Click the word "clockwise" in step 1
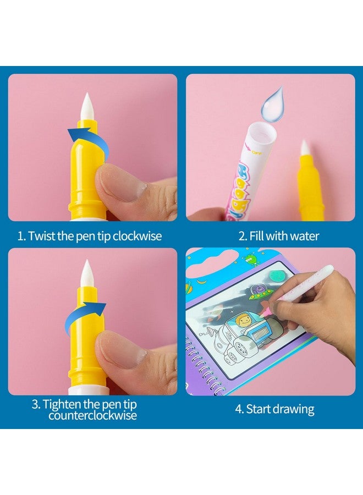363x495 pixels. pos(137,236)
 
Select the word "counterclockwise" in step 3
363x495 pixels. pos(92,415)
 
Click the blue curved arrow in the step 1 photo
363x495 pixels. pos(88,142)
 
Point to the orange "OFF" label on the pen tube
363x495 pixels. pos(257,152)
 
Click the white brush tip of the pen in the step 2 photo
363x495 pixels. pos(305,149)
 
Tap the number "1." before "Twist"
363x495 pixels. pos(22,236)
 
